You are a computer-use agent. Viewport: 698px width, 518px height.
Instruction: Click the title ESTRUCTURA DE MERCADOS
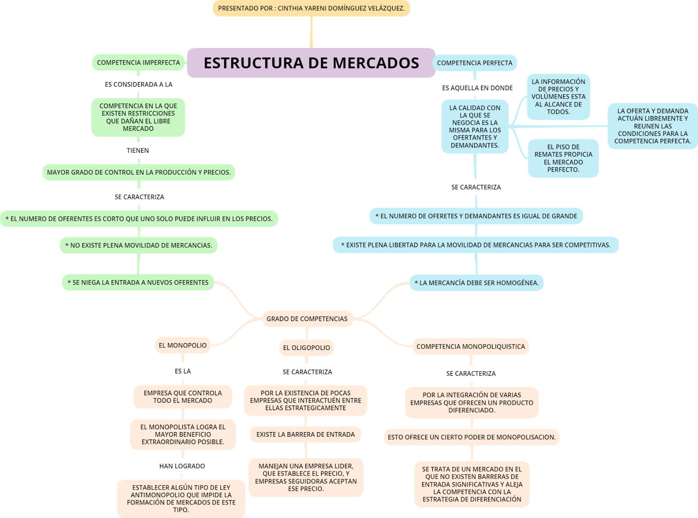tap(311, 63)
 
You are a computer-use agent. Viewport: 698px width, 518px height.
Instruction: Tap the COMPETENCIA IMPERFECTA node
tap(138, 62)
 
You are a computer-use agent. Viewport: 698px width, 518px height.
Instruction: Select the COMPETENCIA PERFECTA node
tap(475, 63)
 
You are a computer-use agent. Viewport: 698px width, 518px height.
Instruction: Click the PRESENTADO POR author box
tap(311, 8)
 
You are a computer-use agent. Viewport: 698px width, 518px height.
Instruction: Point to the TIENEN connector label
tap(138, 151)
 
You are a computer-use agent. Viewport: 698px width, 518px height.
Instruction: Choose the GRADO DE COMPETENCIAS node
tap(307, 319)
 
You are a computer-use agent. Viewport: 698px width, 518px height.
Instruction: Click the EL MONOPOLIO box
tap(182, 345)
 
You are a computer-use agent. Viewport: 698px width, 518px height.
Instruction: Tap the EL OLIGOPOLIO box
tap(307, 348)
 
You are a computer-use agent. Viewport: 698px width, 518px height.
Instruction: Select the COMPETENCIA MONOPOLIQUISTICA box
tap(471, 346)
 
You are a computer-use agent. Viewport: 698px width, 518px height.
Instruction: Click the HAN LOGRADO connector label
tap(182, 466)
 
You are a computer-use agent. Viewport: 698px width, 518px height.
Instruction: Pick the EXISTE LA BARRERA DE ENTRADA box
tap(305, 434)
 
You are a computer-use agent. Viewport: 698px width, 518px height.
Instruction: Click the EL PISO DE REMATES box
tap(563, 158)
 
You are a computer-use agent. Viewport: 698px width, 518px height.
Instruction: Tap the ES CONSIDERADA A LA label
tap(138, 85)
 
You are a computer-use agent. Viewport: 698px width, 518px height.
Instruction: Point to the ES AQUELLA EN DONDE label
tap(477, 88)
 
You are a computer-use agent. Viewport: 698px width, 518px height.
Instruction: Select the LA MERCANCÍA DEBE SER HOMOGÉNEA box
tap(476, 283)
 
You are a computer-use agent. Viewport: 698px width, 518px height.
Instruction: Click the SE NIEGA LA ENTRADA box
tap(138, 282)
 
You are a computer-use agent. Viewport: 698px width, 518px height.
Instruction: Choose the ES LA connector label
tap(183, 371)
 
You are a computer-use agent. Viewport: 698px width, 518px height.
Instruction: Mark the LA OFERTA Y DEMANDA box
tap(653, 126)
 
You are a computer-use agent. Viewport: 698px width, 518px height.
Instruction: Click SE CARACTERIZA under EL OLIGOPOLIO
tap(307, 372)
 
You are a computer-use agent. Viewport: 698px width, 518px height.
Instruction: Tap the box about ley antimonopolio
tap(181, 498)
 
